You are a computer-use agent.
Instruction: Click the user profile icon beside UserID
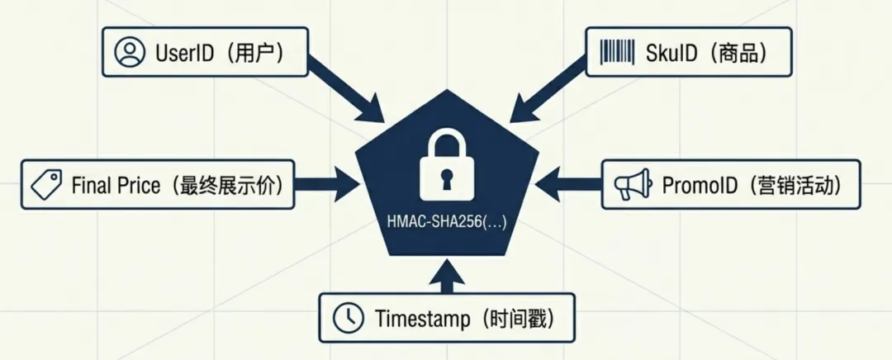pyautogui.click(x=129, y=53)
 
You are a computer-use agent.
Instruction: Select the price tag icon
pyautogui.click(x=47, y=184)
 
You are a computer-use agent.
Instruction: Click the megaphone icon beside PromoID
pyautogui.click(x=633, y=185)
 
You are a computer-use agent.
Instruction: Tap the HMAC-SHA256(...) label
pyautogui.click(x=446, y=221)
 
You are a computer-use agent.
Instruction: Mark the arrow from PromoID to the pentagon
pyautogui.click(x=570, y=185)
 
